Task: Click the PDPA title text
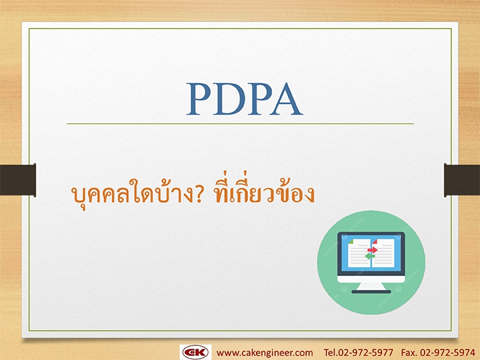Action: [x=245, y=99]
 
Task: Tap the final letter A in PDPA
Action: [x=286, y=99]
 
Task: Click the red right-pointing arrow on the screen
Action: [x=373, y=250]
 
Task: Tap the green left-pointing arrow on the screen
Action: [x=369, y=256]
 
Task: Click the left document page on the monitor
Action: [x=359, y=253]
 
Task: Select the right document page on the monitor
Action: [x=383, y=253]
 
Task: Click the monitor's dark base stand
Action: [x=371, y=292]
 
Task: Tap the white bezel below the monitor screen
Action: [x=371, y=279]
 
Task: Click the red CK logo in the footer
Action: [x=195, y=353]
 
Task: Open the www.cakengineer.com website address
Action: [x=265, y=353]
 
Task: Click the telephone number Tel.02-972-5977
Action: [x=359, y=353]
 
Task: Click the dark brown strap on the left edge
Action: [x=18, y=180]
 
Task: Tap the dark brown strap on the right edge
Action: [x=462, y=180]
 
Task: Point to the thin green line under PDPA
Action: [x=240, y=124]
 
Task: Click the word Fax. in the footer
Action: [x=409, y=353]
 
